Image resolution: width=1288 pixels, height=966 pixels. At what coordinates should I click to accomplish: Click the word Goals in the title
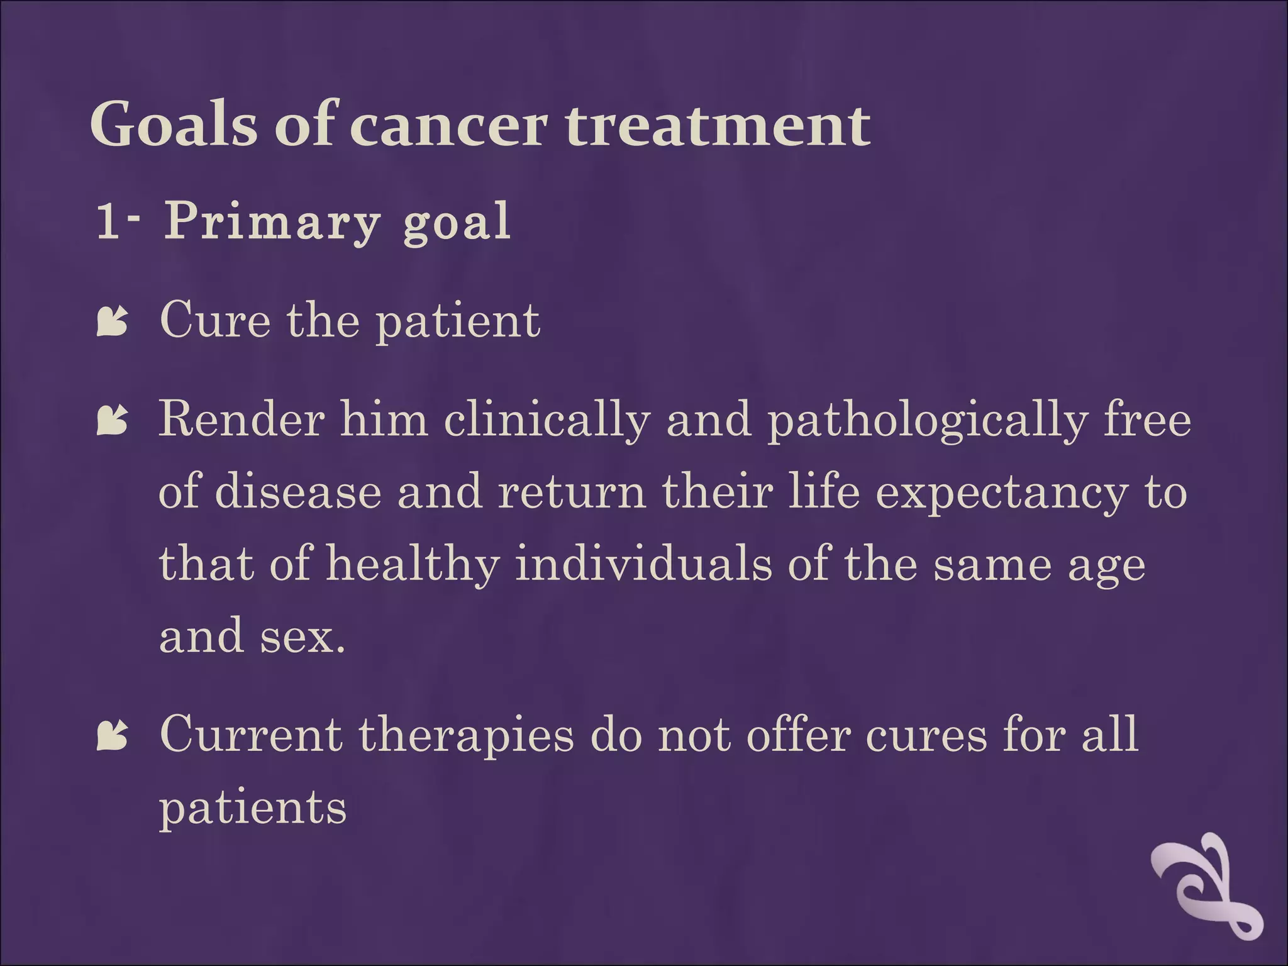click(174, 125)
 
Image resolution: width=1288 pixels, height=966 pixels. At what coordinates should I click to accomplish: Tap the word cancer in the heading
click(448, 126)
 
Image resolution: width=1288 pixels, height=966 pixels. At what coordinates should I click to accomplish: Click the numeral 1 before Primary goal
click(108, 221)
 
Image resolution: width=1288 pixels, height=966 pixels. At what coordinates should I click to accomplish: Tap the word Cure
click(215, 320)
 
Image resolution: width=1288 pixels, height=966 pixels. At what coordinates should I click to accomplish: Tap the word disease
click(297, 491)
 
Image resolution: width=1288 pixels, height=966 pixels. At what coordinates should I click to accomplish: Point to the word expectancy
click(1001, 492)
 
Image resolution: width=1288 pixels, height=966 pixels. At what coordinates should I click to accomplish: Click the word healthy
click(413, 563)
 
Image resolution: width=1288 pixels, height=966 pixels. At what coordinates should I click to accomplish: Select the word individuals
click(643, 563)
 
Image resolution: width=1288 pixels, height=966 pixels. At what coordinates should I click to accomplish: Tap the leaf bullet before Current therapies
click(113, 736)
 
